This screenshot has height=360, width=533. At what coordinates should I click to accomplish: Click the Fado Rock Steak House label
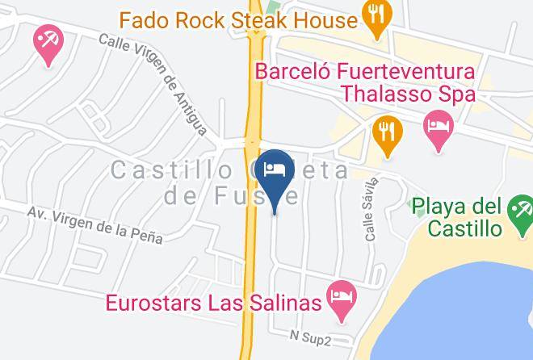pos(238,19)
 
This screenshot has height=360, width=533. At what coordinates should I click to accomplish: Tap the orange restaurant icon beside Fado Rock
pos(377,17)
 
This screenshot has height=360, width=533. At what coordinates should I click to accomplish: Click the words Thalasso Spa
pos(407,94)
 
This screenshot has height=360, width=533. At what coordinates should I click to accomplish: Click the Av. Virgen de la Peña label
pos(94,224)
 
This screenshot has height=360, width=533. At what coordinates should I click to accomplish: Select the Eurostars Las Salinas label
pos(215,303)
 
